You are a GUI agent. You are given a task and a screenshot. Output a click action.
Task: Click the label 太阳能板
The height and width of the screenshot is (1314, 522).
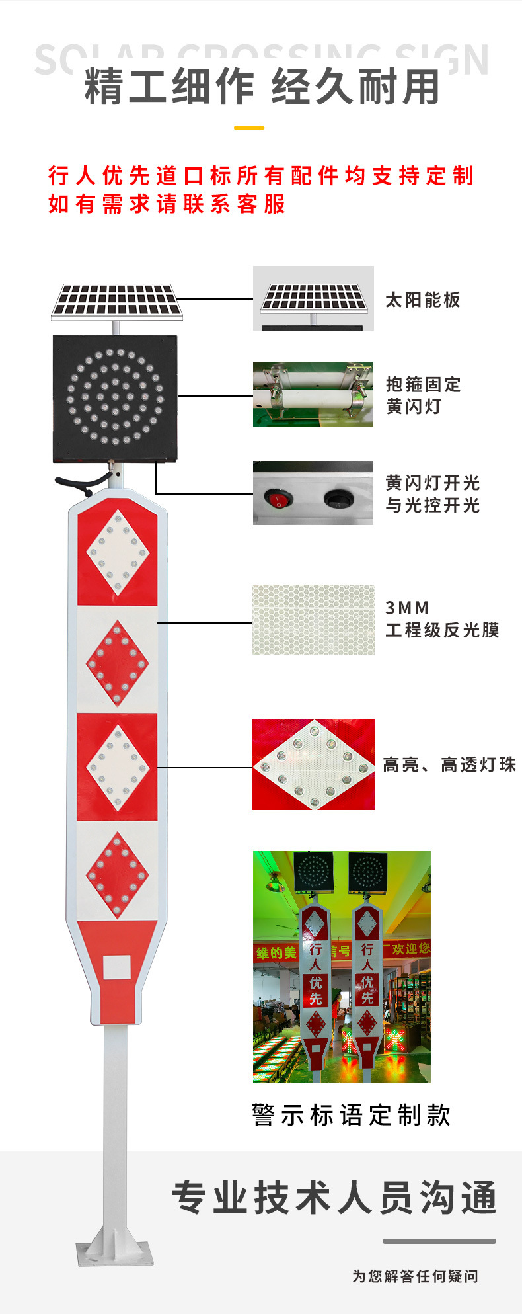tap(422, 300)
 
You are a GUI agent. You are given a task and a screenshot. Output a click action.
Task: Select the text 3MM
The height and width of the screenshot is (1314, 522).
tap(407, 608)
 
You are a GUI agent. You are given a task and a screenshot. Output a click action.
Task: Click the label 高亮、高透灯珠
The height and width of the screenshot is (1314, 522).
tap(449, 765)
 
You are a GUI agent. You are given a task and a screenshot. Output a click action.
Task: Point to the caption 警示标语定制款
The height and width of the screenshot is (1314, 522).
tap(351, 1114)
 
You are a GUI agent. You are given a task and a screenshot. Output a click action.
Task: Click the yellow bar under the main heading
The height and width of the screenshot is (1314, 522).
tap(249, 128)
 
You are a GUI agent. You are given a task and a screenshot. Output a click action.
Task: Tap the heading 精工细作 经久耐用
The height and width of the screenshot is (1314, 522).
tap(262, 87)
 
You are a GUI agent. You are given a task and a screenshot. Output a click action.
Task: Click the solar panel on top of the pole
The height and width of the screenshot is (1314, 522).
tap(117, 301)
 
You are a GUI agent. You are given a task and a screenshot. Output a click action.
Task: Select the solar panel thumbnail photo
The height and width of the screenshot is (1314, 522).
tap(313, 298)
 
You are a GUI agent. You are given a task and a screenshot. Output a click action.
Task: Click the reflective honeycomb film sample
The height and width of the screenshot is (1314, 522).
tap(313, 619)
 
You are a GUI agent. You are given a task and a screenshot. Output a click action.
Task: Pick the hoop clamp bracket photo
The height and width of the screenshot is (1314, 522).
tap(313, 394)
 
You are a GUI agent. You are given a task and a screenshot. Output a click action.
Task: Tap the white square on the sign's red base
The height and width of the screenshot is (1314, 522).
tap(117, 967)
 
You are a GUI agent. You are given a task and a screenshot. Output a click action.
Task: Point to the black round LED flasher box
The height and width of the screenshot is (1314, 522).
tap(115, 398)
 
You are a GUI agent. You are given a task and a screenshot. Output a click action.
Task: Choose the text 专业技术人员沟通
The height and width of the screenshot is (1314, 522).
tap(334, 1198)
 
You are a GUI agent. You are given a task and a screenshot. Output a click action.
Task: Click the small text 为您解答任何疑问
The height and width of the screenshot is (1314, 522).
tap(415, 1276)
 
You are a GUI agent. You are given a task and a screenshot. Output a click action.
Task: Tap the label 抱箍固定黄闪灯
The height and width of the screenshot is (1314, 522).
tap(423, 395)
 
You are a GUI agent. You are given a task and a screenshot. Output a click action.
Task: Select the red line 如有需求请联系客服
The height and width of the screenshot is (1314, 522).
tap(167, 204)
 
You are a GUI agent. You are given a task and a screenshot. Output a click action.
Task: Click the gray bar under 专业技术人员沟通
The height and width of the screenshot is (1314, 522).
tap(439, 1241)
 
